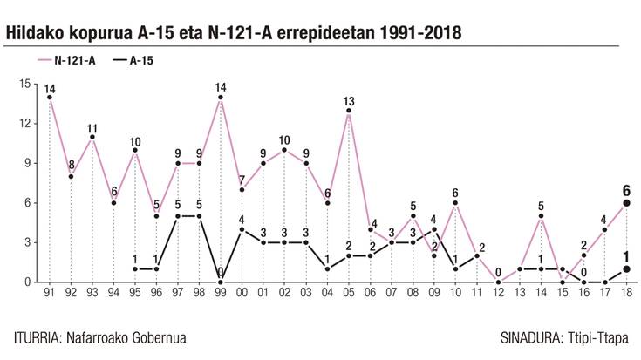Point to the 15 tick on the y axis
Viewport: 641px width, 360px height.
point(26,84)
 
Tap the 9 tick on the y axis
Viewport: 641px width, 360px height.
point(29,163)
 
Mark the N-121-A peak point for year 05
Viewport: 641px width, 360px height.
point(349,110)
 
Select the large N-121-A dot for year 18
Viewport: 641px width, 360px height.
point(626,202)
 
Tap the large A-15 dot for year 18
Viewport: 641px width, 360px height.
point(626,268)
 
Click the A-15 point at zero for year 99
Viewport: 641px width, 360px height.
point(220,282)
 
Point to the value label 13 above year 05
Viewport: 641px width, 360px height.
point(349,99)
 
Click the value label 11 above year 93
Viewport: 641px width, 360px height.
point(92,129)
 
